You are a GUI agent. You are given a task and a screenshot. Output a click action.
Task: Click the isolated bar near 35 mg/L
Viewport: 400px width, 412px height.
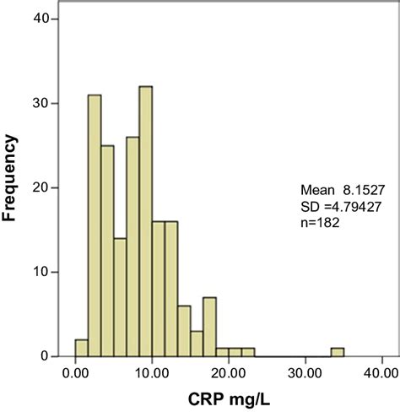337,352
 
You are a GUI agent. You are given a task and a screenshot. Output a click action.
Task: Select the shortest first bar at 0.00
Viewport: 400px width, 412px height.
82,348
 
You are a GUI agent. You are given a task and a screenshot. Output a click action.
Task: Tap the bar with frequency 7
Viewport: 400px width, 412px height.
209,327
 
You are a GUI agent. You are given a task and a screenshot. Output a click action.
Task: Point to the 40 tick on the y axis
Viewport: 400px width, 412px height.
51,19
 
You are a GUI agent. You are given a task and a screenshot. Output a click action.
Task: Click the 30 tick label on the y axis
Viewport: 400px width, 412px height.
51,103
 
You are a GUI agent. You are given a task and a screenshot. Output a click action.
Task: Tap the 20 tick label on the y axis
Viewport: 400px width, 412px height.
51,187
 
